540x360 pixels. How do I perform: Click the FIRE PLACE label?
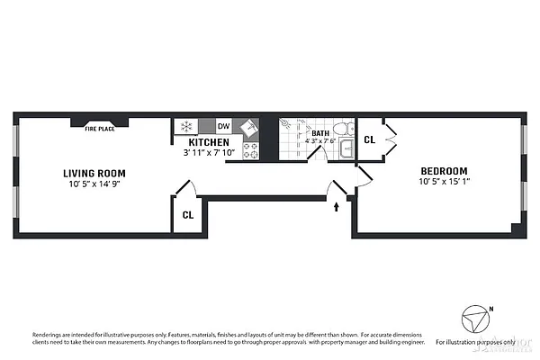pos(100,129)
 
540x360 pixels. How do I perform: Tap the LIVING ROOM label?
pos(94,173)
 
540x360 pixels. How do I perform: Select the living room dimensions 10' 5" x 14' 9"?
pos(94,184)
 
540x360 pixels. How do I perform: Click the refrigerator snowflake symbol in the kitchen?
pos(186,127)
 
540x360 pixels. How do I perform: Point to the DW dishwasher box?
pos(223,127)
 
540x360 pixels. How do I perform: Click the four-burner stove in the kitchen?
pos(251,149)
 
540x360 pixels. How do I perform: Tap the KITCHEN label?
pos(208,142)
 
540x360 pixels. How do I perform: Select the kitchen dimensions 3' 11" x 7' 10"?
pos(208,153)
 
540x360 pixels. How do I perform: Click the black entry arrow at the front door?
pos(337,206)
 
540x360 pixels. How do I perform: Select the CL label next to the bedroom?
pos(369,140)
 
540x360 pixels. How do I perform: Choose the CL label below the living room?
pos(187,215)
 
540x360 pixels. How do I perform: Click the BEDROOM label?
pos(444,171)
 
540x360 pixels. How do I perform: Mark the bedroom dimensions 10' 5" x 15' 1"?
pos(444,183)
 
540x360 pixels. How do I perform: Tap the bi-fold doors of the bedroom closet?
pos(388,139)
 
